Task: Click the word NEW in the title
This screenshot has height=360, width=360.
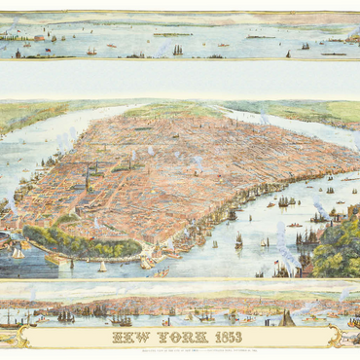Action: coord(134,337)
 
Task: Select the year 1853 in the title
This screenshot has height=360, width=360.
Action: coord(228,337)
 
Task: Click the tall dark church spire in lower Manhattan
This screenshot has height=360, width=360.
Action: coord(87,178)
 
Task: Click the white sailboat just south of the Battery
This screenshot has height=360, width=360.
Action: coord(101,266)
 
